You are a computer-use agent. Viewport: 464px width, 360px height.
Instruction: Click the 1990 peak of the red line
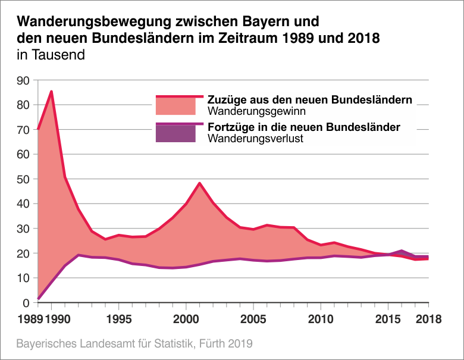click(x=52, y=92)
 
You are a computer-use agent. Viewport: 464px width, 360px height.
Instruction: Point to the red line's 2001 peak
click(x=199, y=183)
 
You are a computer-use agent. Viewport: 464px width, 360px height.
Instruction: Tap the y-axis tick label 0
click(x=27, y=303)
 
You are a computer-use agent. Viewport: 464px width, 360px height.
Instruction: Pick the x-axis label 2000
click(x=186, y=319)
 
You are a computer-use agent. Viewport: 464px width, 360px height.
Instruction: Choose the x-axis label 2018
click(x=428, y=319)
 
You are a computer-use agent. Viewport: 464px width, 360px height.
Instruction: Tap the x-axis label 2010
click(x=321, y=319)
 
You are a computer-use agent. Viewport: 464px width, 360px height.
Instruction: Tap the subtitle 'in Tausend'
click(x=51, y=55)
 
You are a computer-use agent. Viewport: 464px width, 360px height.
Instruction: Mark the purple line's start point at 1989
click(x=38, y=298)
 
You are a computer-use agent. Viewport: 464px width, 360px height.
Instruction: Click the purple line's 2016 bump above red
click(x=402, y=251)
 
